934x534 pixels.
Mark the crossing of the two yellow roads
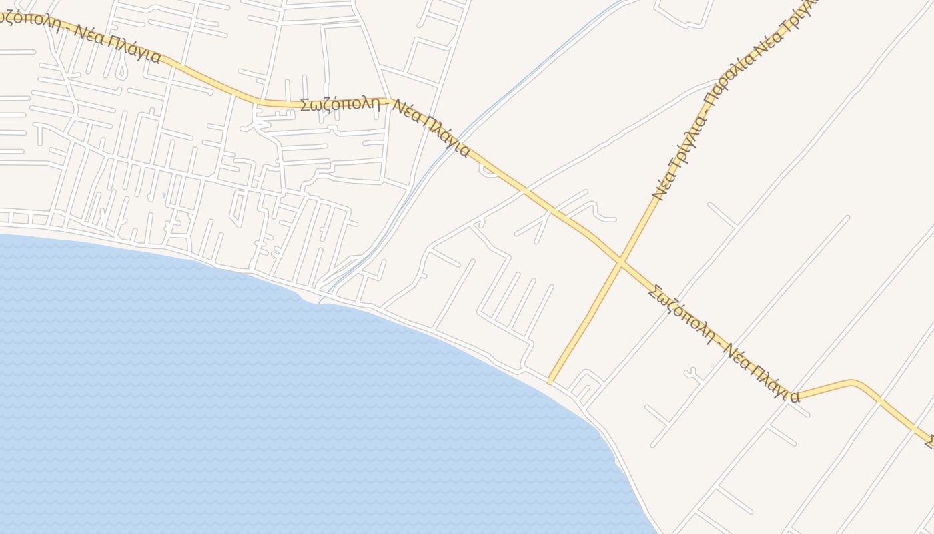(x=620, y=262)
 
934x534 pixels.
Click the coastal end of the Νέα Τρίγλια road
(x=550, y=382)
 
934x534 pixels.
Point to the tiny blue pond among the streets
(x=164, y=196)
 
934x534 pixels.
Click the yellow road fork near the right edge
(x=795, y=396)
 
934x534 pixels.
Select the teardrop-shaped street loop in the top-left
(x=121, y=71)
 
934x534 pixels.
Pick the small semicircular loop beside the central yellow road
(x=486, y=171)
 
